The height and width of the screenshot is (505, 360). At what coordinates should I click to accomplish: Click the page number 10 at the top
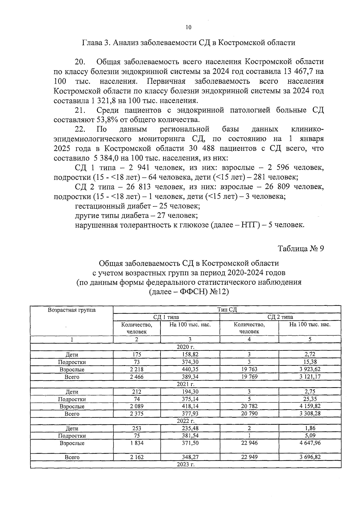[x=188, y=28]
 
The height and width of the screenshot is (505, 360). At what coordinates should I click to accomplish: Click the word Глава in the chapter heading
[x=91, y=43]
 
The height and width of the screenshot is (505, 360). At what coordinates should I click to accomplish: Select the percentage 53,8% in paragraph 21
[x=107, y=120]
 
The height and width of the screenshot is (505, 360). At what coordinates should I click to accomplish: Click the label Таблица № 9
[x=301, y=249]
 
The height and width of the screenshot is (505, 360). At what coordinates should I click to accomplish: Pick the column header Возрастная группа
[x=72, y=310]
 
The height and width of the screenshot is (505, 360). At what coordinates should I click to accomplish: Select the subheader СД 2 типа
[x=280, y=317]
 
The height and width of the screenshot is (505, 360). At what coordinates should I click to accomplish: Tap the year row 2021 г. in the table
[x=186, y=384]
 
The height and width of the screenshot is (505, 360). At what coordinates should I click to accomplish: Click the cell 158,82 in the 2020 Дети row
[x=190, y=354]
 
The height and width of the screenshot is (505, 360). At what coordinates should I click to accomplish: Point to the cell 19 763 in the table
[x=249, y=369]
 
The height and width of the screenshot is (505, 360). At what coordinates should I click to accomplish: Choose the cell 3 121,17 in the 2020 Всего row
[x=310, y=377]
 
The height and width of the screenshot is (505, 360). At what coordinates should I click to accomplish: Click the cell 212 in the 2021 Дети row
[x=136, y=392]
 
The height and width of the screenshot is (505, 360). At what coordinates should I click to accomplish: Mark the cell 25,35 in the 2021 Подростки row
[x=310, y=399]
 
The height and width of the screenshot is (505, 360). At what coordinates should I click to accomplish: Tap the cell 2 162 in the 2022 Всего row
[x=136, y=457]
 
